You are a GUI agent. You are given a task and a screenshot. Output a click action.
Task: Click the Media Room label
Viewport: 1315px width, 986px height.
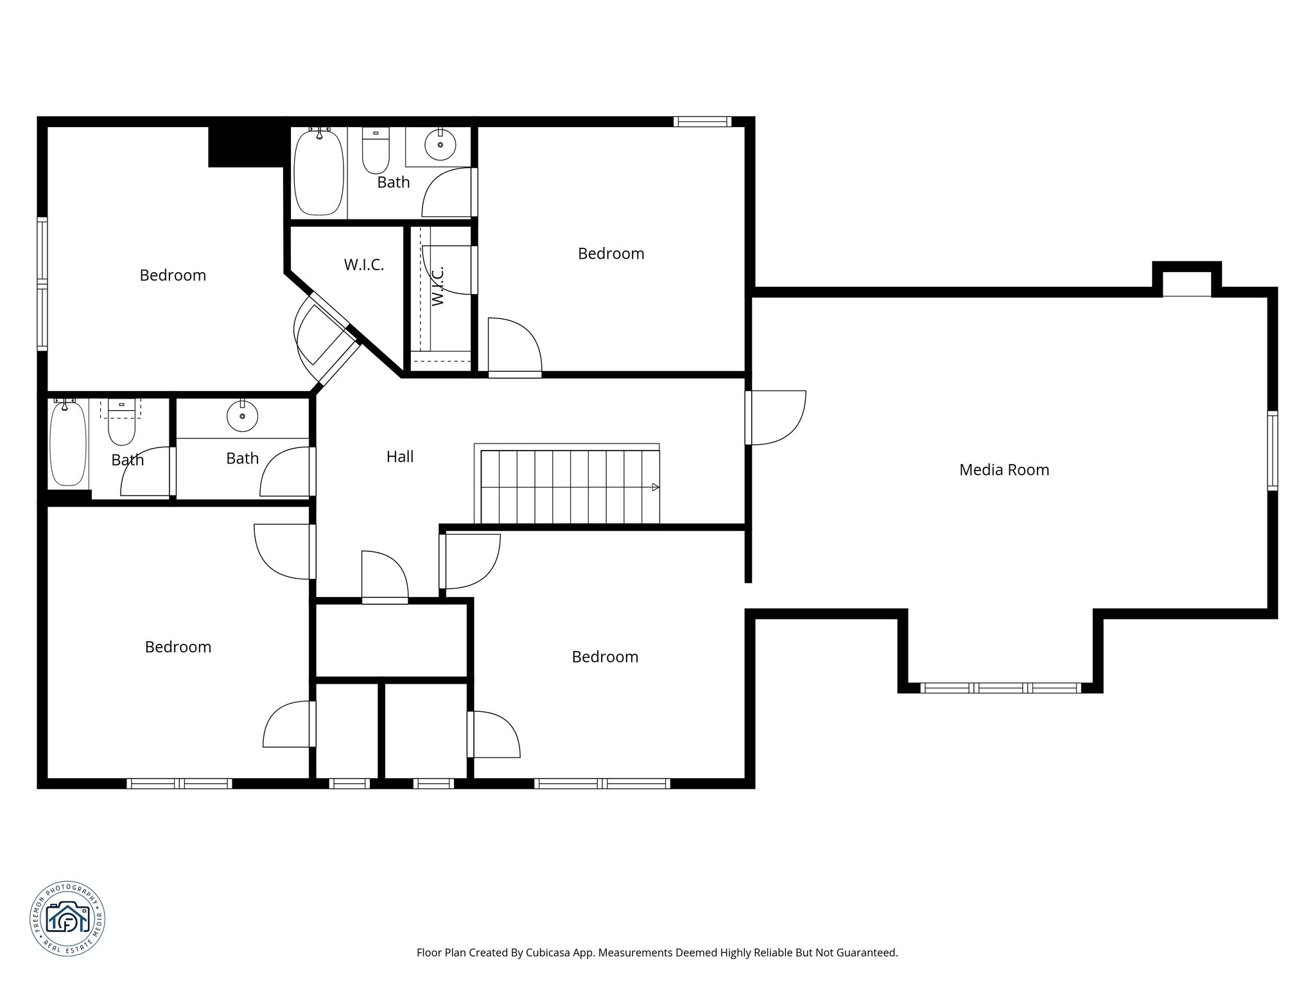pyautogui.click(x=1004, y=470)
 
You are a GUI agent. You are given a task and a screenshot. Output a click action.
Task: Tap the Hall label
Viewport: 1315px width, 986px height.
pyautogui.click(x=399, y=456)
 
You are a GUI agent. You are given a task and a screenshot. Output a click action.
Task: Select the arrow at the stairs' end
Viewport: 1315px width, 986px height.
pyautogui.click(x=655, y=487)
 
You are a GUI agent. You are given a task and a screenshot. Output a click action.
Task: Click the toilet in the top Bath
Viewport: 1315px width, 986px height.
pyautogui.click(x=376, y=151)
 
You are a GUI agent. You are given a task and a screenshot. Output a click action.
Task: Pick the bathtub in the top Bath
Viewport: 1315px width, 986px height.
pyautogui.click(x=318, y=171)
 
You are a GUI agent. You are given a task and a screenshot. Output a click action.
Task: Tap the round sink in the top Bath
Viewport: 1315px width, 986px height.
pyautogui.click(x=440, y=145)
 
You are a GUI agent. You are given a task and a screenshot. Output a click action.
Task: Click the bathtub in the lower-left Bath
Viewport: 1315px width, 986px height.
pyautogui.click(x=67, y=443)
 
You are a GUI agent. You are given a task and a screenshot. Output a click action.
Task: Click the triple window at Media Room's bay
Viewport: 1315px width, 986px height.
pyautogui.click(x=1000, y=688)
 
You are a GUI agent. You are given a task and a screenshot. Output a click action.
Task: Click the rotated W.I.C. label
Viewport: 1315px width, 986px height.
pyautogui.click(x=438, y=286)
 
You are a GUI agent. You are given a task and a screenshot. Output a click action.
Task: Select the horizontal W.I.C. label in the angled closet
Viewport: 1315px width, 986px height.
pyautogui.click(x=363, y=264)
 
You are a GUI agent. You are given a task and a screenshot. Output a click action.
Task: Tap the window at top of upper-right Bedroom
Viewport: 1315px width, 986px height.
pyautogui.click(x=702, y=121)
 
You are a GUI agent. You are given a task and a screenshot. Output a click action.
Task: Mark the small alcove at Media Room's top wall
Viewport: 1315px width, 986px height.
pyautogui.click(x=1187, y=281)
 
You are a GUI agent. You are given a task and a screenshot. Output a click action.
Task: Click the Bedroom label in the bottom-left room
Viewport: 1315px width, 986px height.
pyautogui.click(x=178, y=647)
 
